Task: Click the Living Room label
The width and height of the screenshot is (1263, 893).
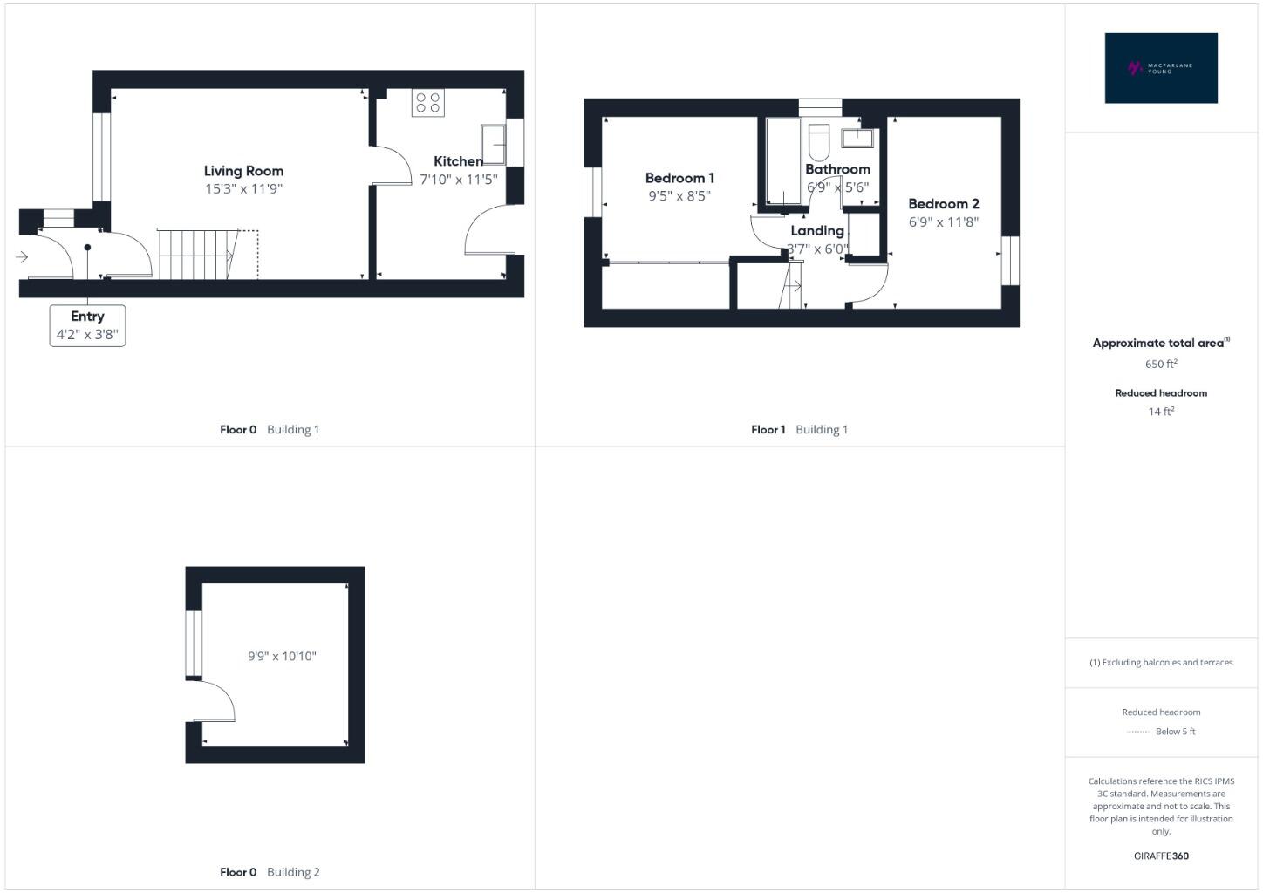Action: click(x=243, y=171)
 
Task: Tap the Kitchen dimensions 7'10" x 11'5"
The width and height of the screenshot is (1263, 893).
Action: click(x=458, y=180)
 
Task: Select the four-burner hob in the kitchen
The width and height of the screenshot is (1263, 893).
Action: click(x=427, y=103)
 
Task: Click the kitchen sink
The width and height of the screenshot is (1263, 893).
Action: click(x=493, y=144)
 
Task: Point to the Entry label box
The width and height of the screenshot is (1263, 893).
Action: click(x=87, y=325)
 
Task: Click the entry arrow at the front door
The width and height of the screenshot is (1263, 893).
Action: click(x=22, y=257)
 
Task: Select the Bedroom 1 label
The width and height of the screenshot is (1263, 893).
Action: click(x=679, y=178)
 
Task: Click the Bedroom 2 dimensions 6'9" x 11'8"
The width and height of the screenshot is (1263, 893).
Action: click(x=943, y=222)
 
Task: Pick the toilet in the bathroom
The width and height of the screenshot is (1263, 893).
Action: click(x=818, y=142)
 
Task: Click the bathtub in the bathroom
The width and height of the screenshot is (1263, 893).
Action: click(x=782, y=161)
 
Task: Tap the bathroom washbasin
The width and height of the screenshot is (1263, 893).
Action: click(x=857, y=139)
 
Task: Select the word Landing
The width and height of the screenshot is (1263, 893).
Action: click(x=817, y=231)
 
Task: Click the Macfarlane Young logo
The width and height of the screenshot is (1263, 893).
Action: click(x=1160, y=68)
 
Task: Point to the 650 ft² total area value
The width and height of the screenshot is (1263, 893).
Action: click(x=1161, y=364)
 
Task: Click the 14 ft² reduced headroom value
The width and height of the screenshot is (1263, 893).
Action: click(x=1161, y=412)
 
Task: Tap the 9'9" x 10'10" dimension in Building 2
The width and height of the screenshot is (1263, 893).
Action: click(x=282, y=657)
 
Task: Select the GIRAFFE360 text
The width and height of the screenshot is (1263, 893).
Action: click(x=1161, y=856)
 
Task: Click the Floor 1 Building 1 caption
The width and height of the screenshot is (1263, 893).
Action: click(x=799, y=429)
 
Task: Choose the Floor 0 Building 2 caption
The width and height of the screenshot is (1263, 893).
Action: click(x=270, y=872)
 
